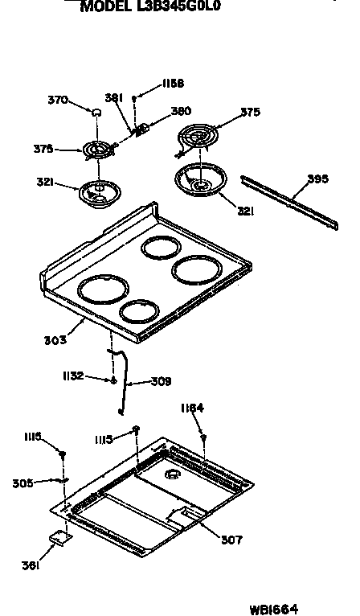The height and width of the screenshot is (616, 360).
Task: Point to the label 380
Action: (181, 112)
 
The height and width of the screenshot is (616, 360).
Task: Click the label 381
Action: (113, 98)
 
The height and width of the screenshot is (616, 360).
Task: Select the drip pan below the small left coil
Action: (100, 193)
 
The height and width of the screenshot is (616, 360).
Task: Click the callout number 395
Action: (318, 179)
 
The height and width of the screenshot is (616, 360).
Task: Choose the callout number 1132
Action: (73, 376)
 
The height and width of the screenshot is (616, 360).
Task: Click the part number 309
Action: (162, 381)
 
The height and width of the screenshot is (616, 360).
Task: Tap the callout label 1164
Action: (192, 408)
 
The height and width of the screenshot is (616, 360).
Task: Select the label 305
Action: (22, 483)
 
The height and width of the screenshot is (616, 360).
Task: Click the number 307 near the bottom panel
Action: (232, 540)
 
